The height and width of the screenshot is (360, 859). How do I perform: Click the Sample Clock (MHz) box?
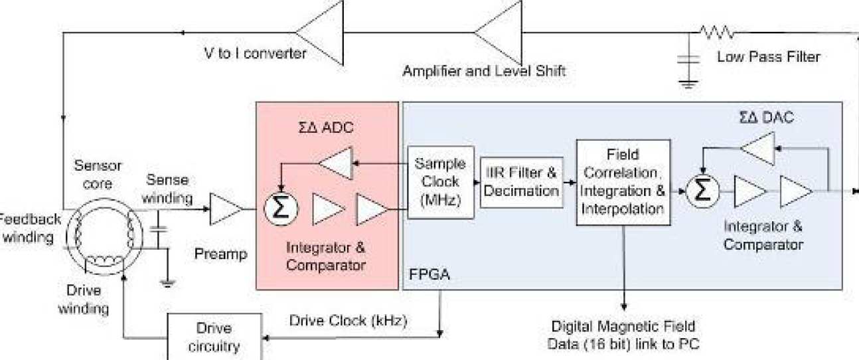[x=440, y=182]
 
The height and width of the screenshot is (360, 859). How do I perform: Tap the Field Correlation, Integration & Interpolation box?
[x=622, y=182]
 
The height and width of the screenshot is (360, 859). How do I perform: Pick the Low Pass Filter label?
[x=768, y=57]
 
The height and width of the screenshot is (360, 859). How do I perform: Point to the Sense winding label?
[x=167, y=189]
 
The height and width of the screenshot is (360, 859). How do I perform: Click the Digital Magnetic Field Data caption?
[x=623, y=335]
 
